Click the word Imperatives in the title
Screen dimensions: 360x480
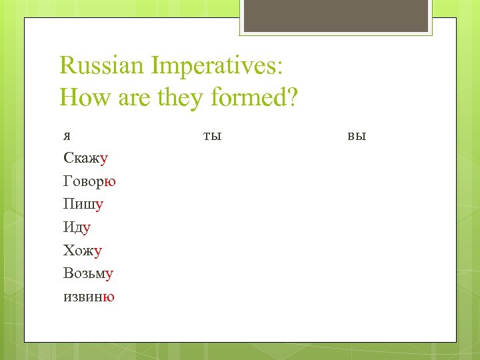tap(218, 65)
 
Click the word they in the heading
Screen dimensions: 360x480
tap(181, 98)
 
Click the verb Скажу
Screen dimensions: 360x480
tap(86, 158)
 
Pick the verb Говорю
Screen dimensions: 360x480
tap(90, 181)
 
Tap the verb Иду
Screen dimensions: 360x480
tap(77, 227)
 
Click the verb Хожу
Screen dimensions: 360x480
tap(83, 251)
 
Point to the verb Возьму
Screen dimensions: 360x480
tap(89, 273)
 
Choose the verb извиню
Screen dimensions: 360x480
tap(89, 297)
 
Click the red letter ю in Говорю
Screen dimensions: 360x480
tap(111, 181)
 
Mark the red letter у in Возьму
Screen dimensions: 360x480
tap(110, 273)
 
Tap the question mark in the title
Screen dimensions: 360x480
tap(292, 98)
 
